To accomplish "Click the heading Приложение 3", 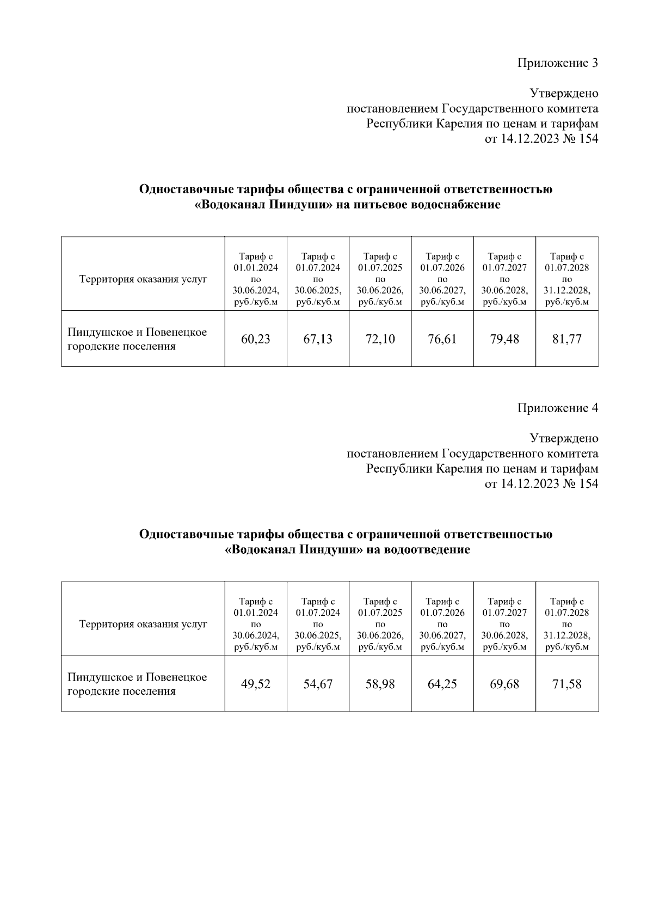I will (557, 63).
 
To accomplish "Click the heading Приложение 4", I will (557, 408).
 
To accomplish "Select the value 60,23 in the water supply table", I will (256, 339).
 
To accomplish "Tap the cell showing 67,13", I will (318, 339).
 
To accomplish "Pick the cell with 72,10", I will (380, 339).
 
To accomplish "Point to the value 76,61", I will (442, 339).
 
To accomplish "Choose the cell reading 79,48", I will (504, 339).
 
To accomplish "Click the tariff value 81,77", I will (567, 339).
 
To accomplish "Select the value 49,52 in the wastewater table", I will (256, 684).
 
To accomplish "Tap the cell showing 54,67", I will (318, 684).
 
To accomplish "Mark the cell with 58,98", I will (380, 684).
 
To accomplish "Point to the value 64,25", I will (442, 684).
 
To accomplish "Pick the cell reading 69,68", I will (504, 684).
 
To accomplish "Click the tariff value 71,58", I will (567, 684).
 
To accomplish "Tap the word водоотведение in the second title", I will (427, 550).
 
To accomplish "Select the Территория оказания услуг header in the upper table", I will (143, 279).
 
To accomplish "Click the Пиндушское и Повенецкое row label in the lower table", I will (137, 684).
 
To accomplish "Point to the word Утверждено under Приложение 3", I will (564, 94).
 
